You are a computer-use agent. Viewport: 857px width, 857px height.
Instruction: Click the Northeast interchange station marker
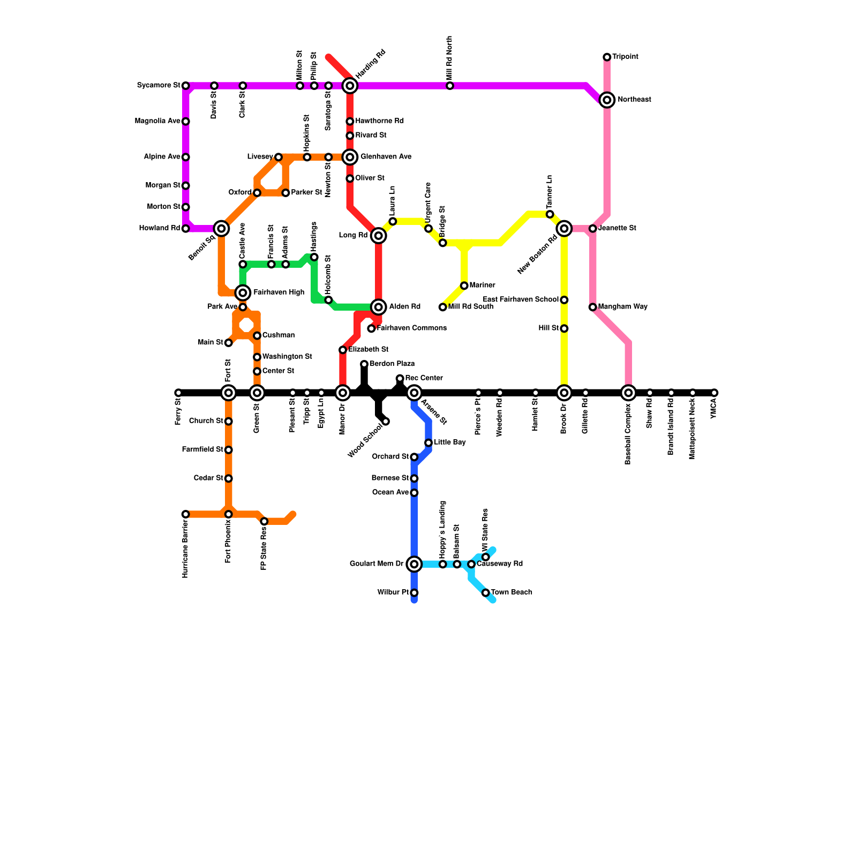coord(607,100)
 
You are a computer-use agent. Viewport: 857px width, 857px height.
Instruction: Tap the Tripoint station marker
coord(607,57)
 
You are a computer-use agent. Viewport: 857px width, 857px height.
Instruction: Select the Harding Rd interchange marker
coord(350,85)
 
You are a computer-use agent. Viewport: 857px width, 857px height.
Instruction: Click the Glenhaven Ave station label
coord(386,157)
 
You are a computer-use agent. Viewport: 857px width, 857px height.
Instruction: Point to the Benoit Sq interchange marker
coord(221,229)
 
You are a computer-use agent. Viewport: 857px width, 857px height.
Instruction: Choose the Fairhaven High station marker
coord(243,292)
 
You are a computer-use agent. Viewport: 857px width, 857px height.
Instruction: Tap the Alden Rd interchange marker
coord(379,307)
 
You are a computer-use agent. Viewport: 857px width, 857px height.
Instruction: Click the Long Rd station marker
coord(379,236)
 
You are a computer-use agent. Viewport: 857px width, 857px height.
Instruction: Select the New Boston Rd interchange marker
coord(564,229)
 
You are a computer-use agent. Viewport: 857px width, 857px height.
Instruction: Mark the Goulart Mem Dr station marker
coord(414,564)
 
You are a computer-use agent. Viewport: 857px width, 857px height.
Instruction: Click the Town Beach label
coord(512,592)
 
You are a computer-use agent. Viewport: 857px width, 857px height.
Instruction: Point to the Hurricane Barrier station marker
coord(185,514)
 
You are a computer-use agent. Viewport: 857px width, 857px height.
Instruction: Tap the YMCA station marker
coord(714,393)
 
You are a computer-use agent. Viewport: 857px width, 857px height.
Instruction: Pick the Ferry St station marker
coord(178,393)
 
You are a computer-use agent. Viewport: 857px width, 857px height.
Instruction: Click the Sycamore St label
coord(159,85)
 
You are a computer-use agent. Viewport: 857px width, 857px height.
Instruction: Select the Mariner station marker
coord(464,285)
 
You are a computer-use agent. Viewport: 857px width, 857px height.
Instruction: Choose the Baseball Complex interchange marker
coord(629,393)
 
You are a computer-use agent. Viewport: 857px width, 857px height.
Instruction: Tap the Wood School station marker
coord(386,422)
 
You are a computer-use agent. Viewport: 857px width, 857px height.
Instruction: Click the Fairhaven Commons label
coord(411,328)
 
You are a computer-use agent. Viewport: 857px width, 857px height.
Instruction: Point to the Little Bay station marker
coord(428,443)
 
